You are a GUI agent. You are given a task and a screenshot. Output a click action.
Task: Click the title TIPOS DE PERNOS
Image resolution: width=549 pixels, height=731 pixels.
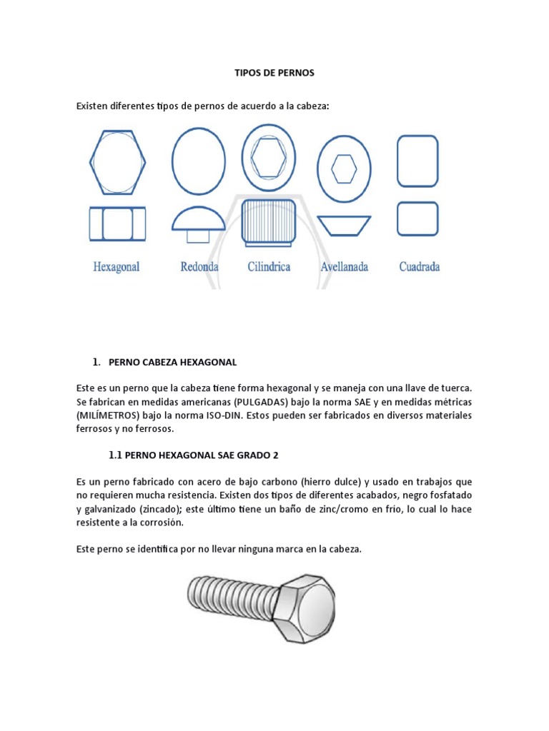[274, 73]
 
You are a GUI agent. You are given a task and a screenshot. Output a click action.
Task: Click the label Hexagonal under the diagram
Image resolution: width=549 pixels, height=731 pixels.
[117, 267]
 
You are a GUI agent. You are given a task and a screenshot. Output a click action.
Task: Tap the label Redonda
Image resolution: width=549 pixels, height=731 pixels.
[199, 267]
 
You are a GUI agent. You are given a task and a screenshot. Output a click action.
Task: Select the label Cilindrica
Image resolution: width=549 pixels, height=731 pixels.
[269, 267]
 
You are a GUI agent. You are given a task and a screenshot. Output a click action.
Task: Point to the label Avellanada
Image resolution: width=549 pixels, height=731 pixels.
[345, 267]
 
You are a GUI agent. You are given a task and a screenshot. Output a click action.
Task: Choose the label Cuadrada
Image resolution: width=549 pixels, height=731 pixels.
[419, 267]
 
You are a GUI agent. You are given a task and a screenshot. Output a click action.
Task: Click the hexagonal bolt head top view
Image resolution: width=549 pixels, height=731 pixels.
[117, 162]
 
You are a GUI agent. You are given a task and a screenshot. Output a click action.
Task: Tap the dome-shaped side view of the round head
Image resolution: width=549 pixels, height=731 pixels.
[199, 218]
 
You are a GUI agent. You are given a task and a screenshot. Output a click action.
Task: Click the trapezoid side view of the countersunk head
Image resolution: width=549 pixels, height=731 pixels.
[345, 225]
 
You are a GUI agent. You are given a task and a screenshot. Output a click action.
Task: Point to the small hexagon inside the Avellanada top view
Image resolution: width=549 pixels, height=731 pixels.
[345, 169]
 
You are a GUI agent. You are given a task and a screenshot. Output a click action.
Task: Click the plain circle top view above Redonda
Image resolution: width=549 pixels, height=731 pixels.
[199, 161]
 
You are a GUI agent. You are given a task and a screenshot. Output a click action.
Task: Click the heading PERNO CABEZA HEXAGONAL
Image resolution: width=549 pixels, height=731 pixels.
[172, 363]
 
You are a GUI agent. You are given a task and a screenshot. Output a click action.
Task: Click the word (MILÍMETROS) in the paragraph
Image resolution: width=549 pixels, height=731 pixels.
[109, 415]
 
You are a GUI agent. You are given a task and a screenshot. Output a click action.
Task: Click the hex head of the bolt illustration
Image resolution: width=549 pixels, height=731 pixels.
[305, 607]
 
